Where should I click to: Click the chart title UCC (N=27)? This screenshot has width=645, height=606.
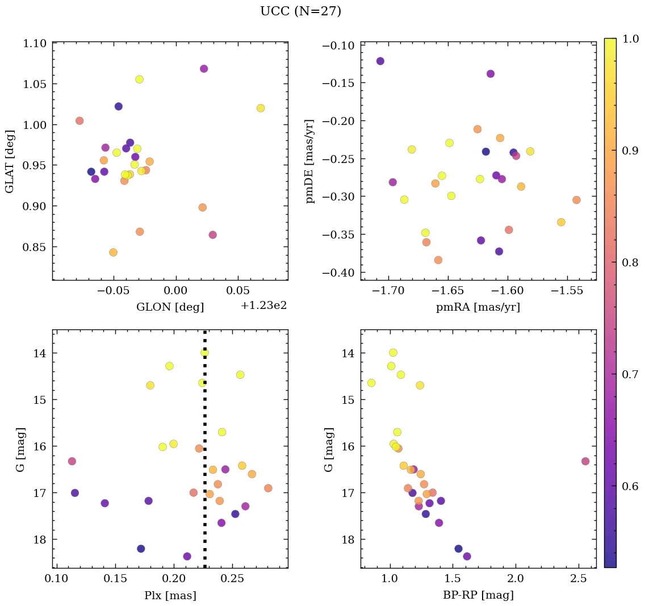(x=300, y=11)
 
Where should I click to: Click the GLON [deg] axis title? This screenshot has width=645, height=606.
(x=170, y=307)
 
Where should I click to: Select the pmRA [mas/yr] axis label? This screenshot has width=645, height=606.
(x=478, y=307)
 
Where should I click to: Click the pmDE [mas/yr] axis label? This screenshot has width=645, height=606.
(x=310, y=161)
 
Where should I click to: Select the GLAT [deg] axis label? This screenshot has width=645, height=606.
(x=10, y=161)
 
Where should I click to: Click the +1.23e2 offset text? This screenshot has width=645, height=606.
(x=263, y=306)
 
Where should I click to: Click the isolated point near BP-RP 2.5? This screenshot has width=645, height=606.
(x=585, y=461)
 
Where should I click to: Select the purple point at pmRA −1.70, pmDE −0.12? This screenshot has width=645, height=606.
(x=380, y=61)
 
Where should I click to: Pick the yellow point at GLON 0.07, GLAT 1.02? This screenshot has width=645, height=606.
(x=261, y=108)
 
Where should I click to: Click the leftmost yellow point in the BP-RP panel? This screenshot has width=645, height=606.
(x=371, y=383)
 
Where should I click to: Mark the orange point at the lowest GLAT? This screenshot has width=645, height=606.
(x=113, y=252)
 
